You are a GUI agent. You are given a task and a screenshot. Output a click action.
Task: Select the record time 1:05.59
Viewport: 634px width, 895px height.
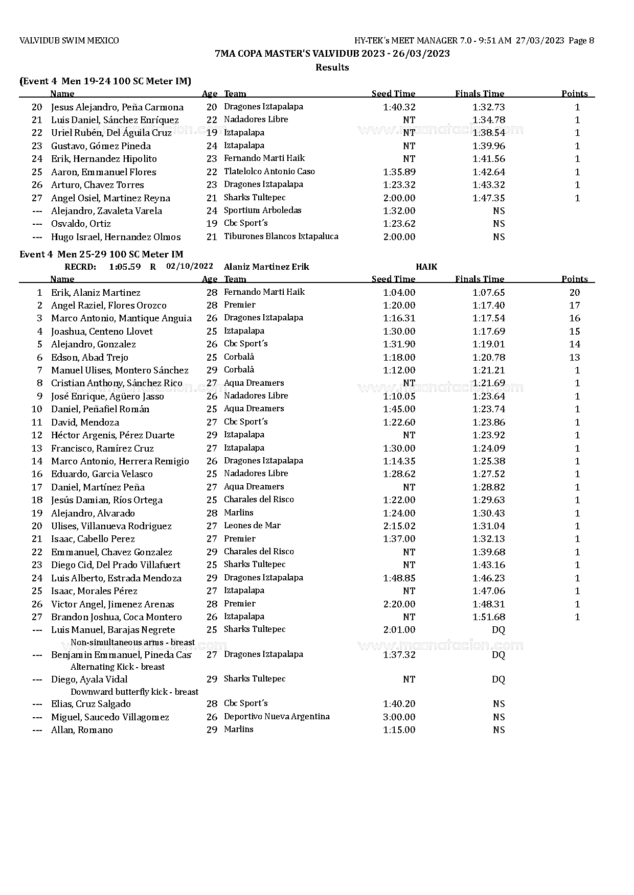tap(125, 267)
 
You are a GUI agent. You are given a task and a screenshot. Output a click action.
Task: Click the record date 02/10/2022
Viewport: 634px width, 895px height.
tap(190, 266)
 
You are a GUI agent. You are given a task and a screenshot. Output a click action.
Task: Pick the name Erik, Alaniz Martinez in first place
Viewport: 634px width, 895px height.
tap(96, 293)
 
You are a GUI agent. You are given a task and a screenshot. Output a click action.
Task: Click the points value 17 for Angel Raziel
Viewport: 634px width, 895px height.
tap(575, 305)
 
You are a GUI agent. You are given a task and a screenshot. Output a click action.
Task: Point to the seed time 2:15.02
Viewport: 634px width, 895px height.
tap(399, 526)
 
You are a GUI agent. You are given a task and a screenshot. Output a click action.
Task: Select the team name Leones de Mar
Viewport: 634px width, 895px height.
tap(252, 526)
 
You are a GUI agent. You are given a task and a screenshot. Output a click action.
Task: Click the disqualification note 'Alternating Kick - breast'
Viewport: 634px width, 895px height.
tap(118, 667)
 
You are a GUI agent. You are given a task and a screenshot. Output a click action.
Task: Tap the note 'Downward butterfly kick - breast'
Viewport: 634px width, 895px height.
tap(134, 692)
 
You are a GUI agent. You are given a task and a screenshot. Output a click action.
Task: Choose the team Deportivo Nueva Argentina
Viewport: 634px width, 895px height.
tap(277, 717)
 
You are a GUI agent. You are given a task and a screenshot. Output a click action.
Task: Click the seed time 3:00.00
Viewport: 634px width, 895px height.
tap(399, 717)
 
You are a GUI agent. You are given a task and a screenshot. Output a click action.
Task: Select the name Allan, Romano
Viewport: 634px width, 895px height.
tap(82, 730)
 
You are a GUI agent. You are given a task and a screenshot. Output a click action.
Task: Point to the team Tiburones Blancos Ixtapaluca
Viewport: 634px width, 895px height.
tap(281, 237)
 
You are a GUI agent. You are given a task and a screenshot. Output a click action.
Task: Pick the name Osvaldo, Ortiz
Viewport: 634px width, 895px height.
tap(81, 224)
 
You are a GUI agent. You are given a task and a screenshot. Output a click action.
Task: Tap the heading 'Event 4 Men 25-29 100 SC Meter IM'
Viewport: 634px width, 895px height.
tap(101, 254)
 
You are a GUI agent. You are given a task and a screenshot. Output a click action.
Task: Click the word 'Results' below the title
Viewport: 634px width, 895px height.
tap(332, 67)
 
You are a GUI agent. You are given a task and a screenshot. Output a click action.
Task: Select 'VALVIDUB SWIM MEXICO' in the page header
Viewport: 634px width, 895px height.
tap(69, 41)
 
